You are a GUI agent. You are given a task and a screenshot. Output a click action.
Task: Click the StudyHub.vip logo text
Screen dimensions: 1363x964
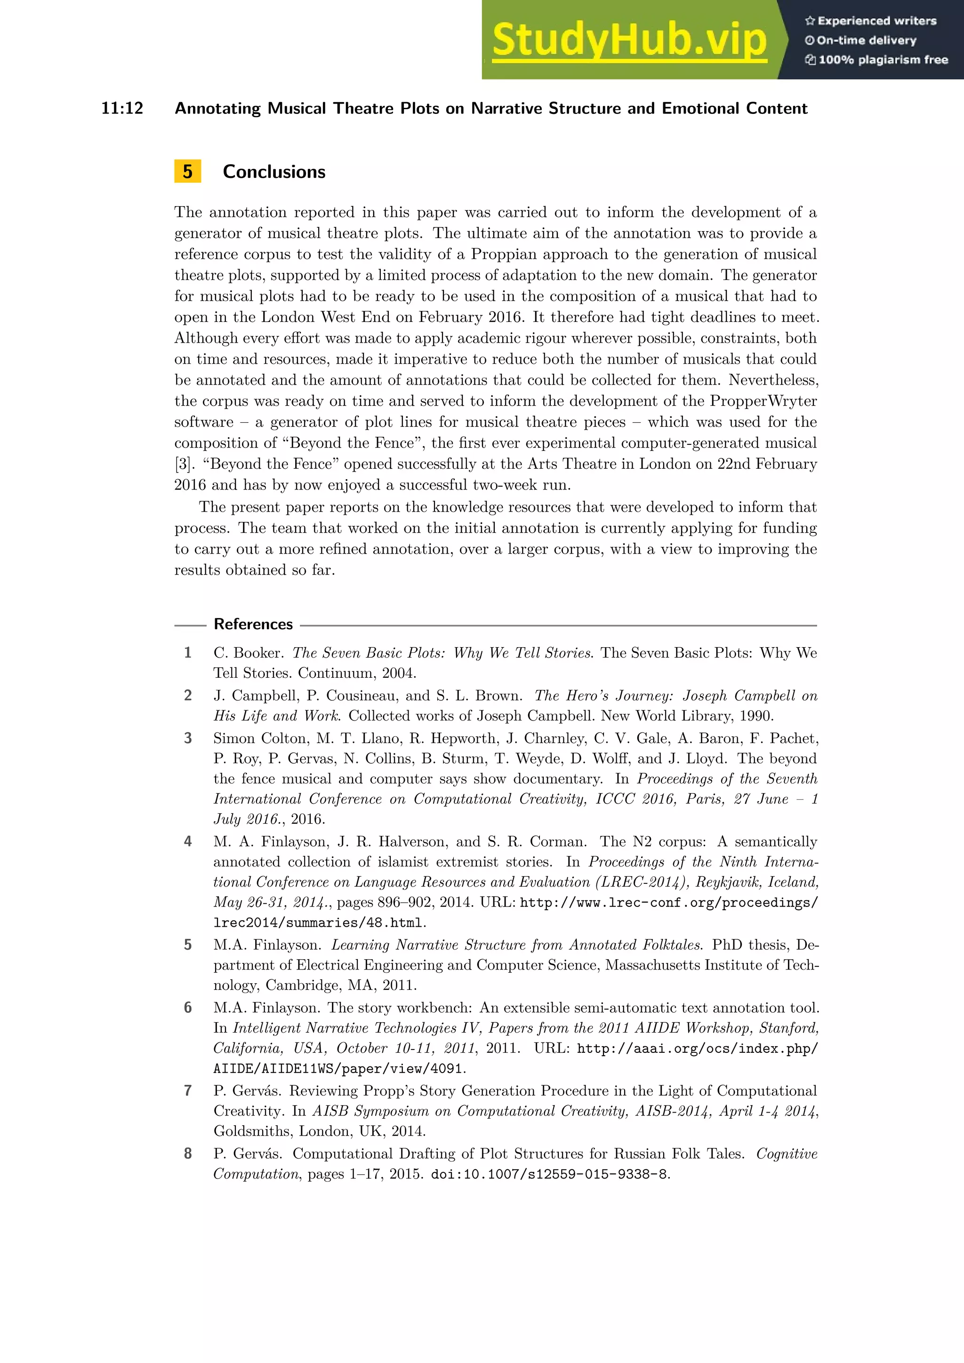(629, 40)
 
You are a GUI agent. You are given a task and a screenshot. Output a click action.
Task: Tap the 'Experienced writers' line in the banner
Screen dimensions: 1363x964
(871, 21)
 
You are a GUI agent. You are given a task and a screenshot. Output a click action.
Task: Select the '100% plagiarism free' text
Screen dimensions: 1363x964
(877, 59)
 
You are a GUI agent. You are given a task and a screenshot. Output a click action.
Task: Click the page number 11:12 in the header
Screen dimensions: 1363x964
(122, 108)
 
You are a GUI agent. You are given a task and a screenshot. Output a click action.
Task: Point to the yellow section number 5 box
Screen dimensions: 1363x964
(188, 172)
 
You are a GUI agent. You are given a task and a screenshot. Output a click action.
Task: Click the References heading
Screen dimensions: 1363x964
(253, 624)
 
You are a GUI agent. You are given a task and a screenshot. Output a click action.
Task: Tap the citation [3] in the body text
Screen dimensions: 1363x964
(183, 464)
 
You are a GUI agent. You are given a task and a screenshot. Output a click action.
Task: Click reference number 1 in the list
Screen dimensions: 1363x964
(188, 652)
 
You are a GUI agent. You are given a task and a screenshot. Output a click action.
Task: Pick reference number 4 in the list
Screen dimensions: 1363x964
(188, 841)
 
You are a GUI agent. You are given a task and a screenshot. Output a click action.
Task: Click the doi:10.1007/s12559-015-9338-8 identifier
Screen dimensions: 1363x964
(549, 1174)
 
